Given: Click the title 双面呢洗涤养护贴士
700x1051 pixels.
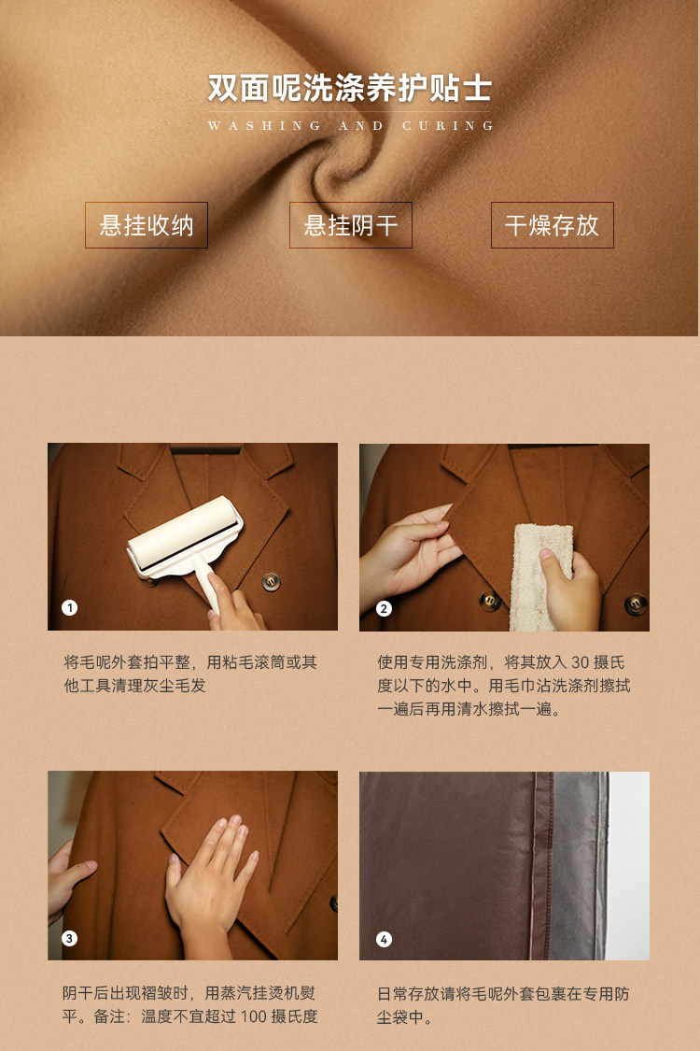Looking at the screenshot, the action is point(350,88).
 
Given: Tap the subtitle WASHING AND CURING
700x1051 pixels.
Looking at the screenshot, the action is point(350,125).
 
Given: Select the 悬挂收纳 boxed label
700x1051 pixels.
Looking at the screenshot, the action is point(146,225).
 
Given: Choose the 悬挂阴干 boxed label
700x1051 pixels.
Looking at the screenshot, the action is point(350,225).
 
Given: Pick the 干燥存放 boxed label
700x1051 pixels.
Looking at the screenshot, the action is point(552,225).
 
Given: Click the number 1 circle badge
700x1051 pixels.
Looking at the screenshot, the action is point(70,607).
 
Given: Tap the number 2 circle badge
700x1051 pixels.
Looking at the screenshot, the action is point(384,608).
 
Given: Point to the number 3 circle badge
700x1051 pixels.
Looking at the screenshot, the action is point(70,938).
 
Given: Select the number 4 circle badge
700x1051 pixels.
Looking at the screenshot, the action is point(384,938).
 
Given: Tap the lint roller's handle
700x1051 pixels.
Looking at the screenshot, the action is point(205,582).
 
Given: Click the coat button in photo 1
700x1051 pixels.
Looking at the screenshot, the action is point(271,581).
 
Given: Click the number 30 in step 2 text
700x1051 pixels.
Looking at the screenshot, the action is point(581,663).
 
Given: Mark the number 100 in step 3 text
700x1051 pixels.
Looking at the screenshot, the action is point(254,1016).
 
